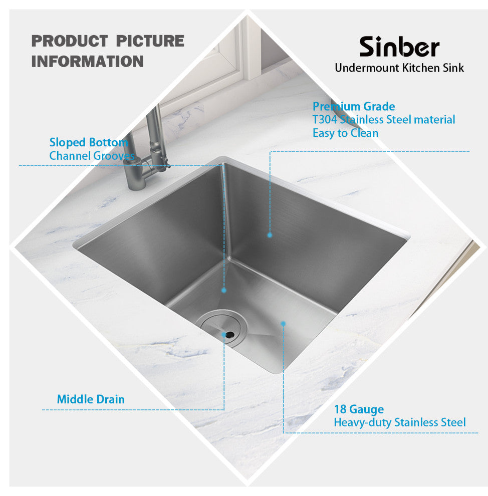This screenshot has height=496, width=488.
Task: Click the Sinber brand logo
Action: coord(399,47)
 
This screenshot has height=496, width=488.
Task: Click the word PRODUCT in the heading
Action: coord(70,41)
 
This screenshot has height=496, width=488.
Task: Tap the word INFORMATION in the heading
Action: coord(87,61)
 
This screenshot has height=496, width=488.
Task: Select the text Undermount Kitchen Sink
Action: coord(399,68)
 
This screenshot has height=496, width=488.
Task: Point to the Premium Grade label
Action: coord(354,106)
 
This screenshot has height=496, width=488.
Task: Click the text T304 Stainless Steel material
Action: coord(384,120)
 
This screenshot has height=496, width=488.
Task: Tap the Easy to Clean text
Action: coord(345,133)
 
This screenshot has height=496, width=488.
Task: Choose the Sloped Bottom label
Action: coord(89,142)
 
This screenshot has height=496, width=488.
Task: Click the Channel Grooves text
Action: coord(92,156)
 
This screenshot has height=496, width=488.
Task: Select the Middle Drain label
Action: coord(91,399)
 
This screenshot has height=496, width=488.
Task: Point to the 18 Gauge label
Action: coord(359,409)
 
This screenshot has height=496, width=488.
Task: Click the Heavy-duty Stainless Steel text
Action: coord(400,423)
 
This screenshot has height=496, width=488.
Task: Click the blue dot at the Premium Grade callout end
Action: coord(270,235)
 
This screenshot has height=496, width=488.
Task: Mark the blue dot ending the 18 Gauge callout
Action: coord(284,324)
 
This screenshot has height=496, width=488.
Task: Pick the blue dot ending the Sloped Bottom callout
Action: coord(224,291)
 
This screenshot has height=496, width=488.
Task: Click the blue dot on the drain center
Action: coord(224,334)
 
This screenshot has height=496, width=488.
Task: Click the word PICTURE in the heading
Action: coord(150,41)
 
